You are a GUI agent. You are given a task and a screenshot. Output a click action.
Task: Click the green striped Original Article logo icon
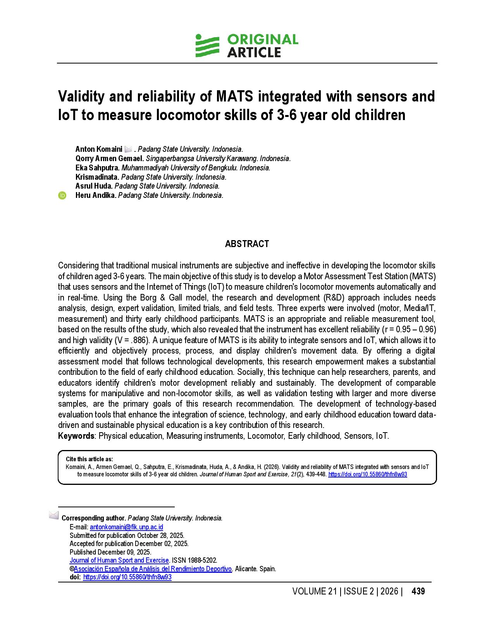click(207, 46)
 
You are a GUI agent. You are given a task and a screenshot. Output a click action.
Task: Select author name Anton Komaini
click(99, 149)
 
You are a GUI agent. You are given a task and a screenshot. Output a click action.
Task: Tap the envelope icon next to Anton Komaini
click(128, 149)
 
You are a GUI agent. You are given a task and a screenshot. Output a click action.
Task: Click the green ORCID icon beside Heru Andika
click(62, 196)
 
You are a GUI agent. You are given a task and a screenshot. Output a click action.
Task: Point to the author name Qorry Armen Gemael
click(110, 158)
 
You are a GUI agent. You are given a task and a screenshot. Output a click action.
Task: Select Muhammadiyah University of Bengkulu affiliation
click(196, 168)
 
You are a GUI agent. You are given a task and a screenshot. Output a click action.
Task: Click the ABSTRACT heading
click(247, 244)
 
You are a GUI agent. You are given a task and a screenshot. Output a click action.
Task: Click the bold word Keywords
click(76, 436)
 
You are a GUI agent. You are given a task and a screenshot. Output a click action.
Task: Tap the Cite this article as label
click(89, 459)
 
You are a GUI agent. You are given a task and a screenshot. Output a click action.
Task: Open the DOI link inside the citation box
click(367, 474)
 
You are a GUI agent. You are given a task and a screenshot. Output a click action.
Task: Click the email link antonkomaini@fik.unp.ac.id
click(126, 527)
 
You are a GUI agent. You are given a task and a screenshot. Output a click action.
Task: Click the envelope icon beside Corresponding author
click(54, 515)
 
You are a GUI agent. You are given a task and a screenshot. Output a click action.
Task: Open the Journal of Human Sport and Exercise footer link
click(119, 560)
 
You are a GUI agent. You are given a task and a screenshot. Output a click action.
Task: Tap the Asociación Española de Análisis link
click(153, 569)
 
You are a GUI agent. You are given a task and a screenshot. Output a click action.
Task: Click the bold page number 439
click(418, 591)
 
